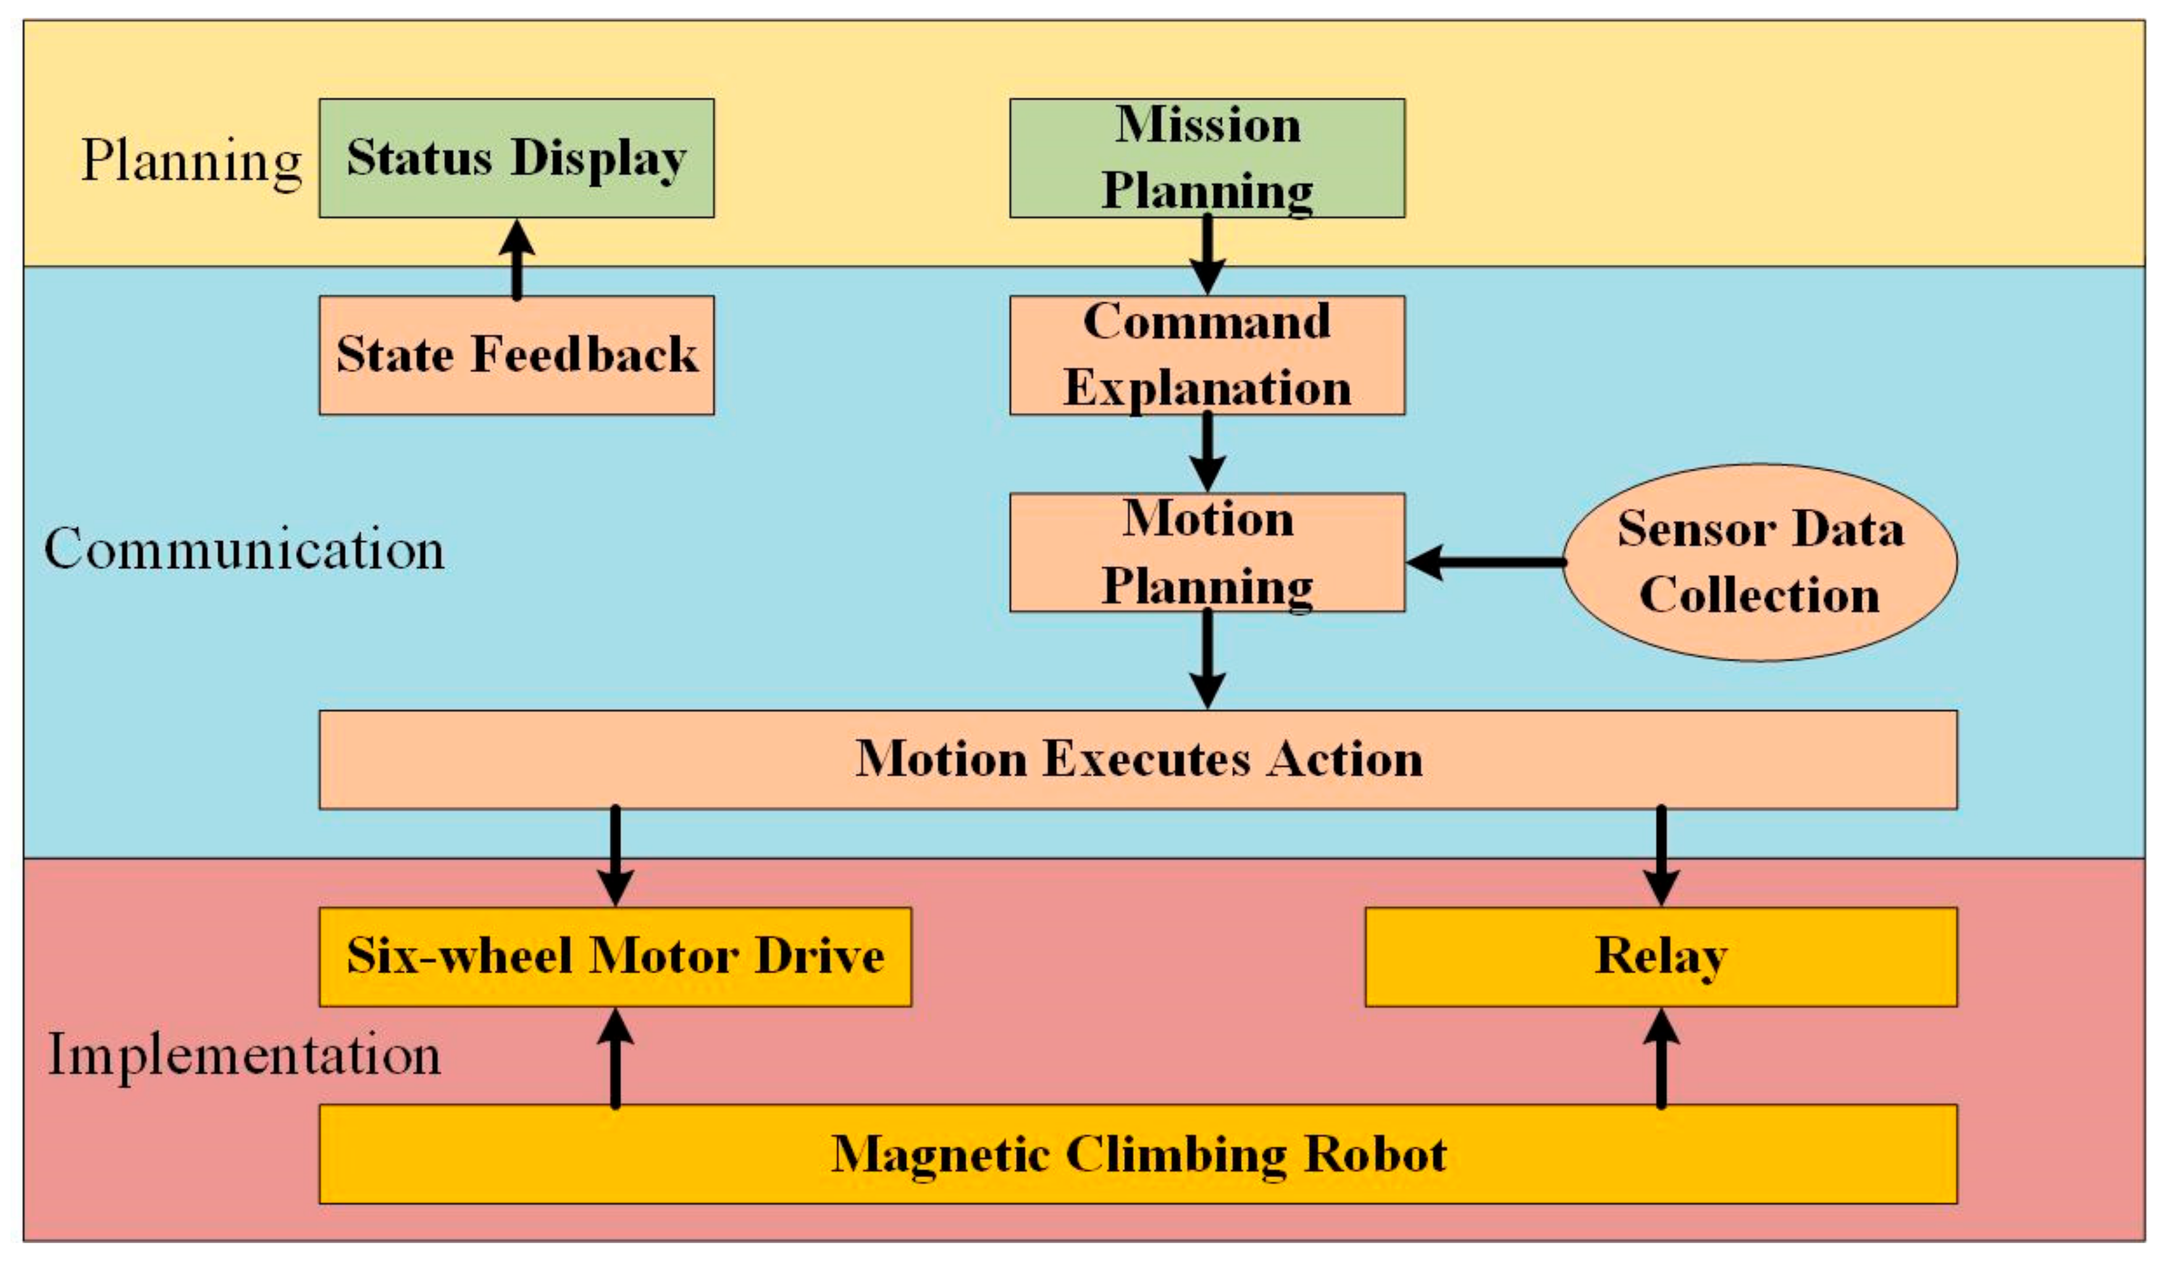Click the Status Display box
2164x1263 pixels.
tap(516, 158)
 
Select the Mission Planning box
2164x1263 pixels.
tap(1207, 158)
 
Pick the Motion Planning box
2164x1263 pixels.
tap(1207, 552)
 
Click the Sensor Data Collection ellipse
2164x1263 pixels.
tap(1759, 562)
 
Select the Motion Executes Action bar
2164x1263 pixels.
tap(1138, 760)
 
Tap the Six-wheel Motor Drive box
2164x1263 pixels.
tap(615, 956)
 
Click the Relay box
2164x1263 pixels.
tap(1661, 956)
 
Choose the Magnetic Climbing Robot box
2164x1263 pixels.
tap(1138, 1154)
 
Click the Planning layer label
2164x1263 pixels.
tap(191, 161)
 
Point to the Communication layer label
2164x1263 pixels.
tap(244, 549)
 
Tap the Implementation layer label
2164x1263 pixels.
tap(244, 1055)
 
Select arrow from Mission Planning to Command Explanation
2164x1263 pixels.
tap(1207, 254)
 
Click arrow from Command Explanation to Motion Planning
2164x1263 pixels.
tap(1207, 452)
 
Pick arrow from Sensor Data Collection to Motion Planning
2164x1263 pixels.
tap(1486, 562)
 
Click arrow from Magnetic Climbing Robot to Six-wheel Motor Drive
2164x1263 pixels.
tap(615, 1058)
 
